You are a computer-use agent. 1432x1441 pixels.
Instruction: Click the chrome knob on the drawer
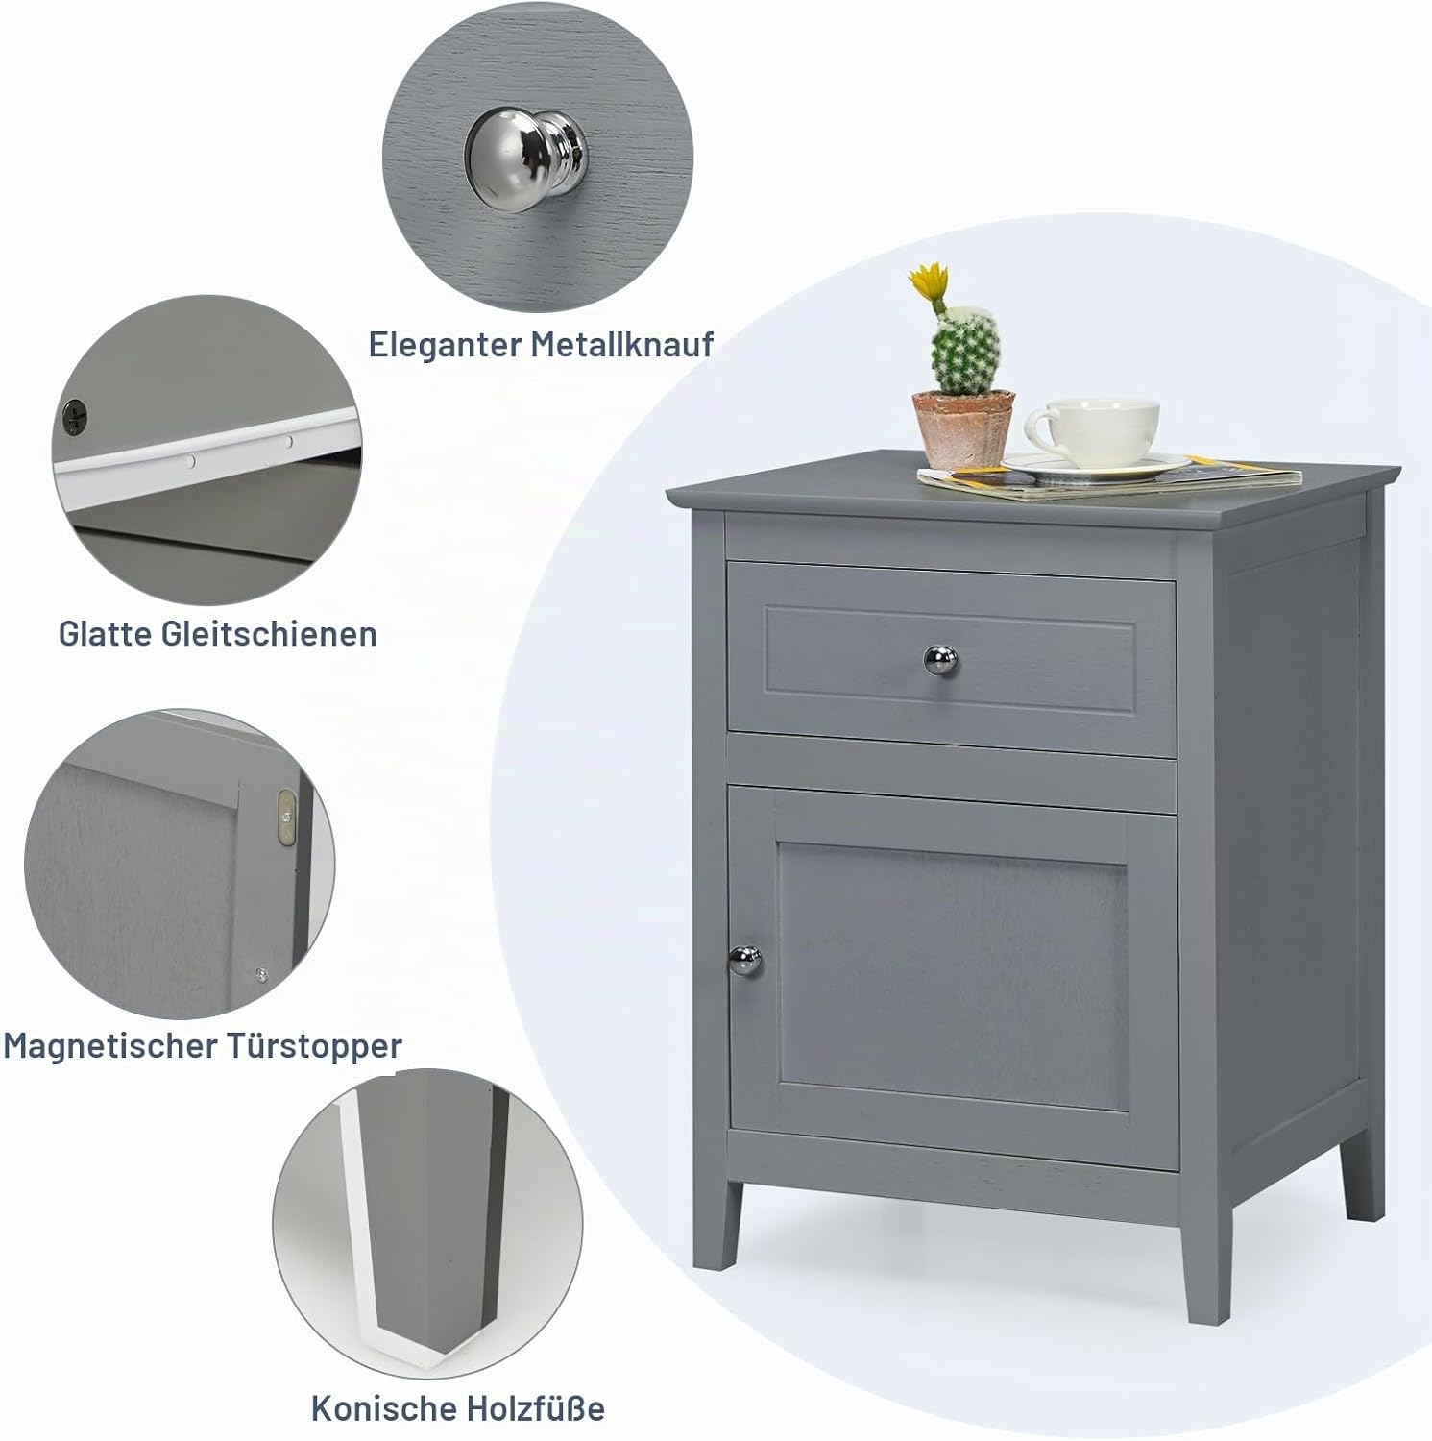941,659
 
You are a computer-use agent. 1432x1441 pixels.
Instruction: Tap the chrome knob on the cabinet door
745,958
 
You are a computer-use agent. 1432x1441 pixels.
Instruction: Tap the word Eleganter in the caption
446,345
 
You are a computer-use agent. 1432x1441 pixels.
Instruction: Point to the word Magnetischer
111,1045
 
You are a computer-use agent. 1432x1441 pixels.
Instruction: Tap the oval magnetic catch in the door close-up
284,818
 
